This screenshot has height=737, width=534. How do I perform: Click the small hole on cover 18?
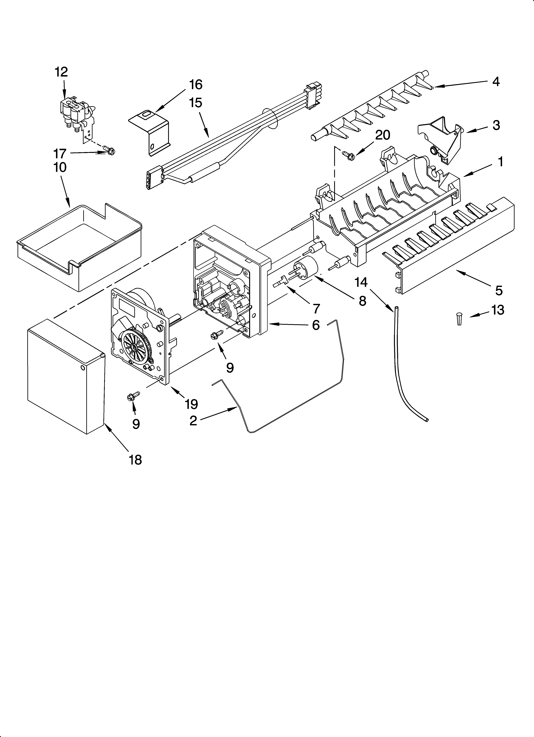(x=83, y=368)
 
